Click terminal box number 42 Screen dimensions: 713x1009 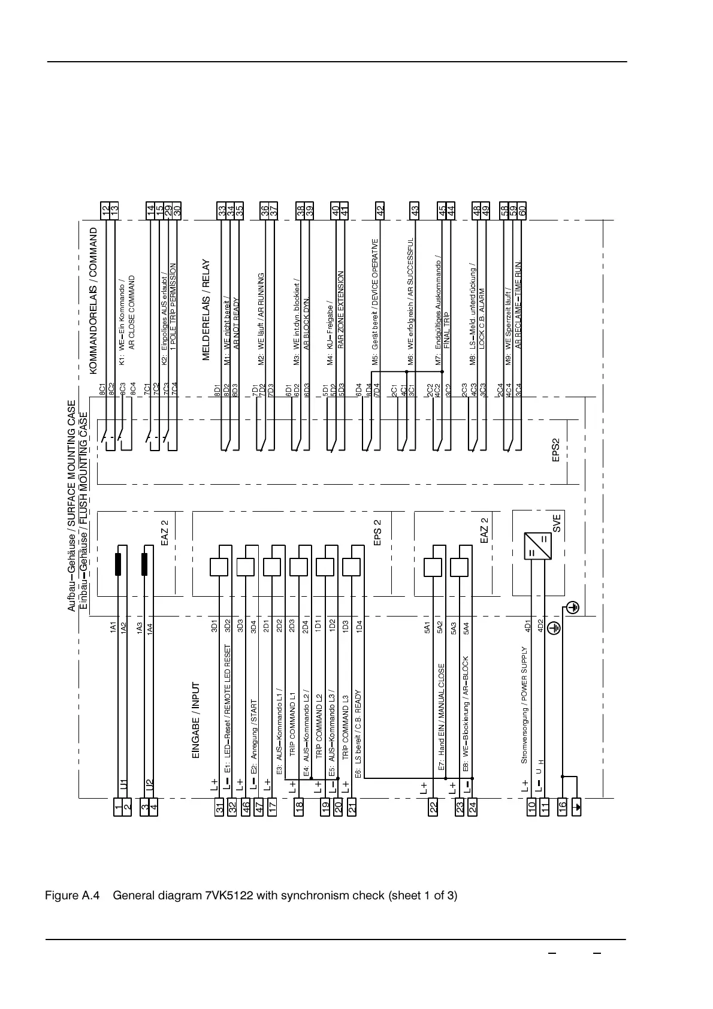tap(379, 210)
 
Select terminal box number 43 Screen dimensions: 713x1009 tap(414, 210)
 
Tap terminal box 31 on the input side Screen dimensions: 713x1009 tap(220, 806)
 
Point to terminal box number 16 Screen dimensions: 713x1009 tap(563, 806)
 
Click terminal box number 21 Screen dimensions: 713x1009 tap(352, 806)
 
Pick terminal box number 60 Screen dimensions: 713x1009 tap(522, 210)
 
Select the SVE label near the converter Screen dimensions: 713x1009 tap(556, 524)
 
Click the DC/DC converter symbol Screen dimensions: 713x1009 tap(537, 545)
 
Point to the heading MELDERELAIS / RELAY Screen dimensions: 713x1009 tap(206, 310)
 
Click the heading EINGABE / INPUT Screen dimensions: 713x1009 tap(195, 721)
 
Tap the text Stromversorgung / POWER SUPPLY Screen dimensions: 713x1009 tap(524, 705)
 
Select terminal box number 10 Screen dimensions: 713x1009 tap(531, 806)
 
